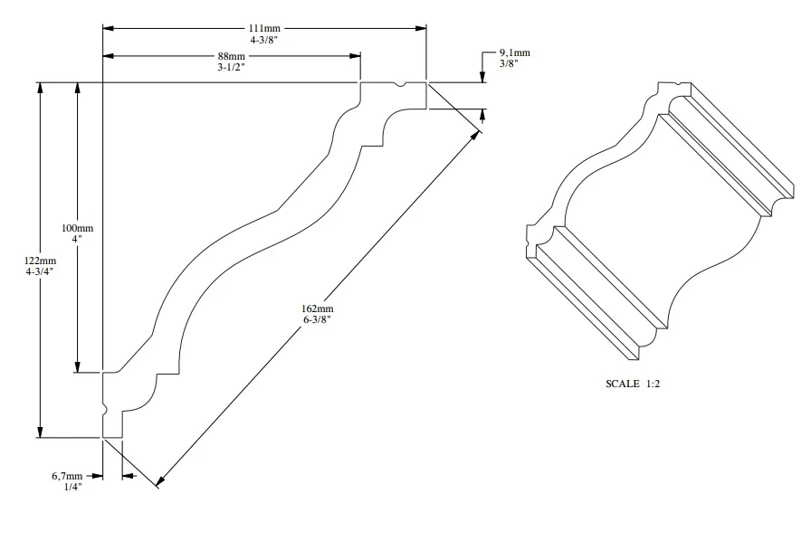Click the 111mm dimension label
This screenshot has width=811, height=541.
pyautogui.click(x=265, y=28)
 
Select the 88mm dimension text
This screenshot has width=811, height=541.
pyautogui.click(x=231, y=56)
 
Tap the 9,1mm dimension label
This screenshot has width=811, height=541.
pyautogui.click(x=514, y=52)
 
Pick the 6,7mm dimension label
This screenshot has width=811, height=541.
pyautogui.click(x=67, y=475)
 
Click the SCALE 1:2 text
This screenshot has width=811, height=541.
pyautogui.click(x=633, y=384)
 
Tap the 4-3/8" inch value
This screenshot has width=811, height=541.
pyautogui.click(x=265, y=40)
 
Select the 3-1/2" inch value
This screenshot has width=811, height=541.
pyautogui.click(x=231, y=67)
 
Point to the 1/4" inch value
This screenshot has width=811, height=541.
pyautogui.click(x=71, y=487)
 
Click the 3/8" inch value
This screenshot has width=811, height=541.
pyautogui.click(x=509, y=64)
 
